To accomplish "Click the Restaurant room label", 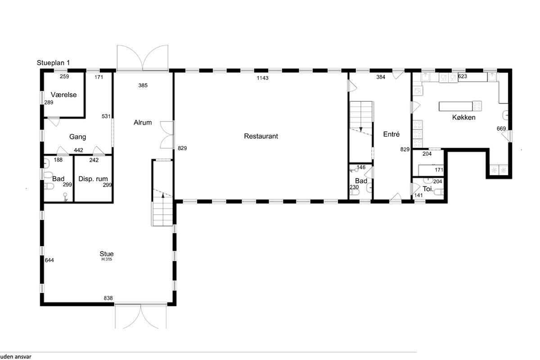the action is click(261, 136).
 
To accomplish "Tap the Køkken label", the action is click(464, 117).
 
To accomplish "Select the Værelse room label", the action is click(63, 95).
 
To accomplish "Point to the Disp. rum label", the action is click(93, 179).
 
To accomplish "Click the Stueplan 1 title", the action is click(53, 63).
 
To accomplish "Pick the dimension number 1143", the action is click(262, 78).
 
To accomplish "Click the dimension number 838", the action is click(108, 298).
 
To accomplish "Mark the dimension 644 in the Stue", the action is click(49, 260).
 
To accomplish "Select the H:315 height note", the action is click(107, 260).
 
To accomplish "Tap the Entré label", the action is click(391, 134).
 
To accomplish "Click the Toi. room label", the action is click(428, 189).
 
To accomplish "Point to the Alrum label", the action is click(143, 122).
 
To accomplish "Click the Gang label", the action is click(77, 137).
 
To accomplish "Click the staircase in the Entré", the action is click(361, 118).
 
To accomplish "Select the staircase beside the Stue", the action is click(163, 207).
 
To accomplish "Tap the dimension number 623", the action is click(463, 76).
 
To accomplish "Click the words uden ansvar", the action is click(16, 356).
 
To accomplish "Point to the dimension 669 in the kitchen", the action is click(501, 129).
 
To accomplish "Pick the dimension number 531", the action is click(106, 117).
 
